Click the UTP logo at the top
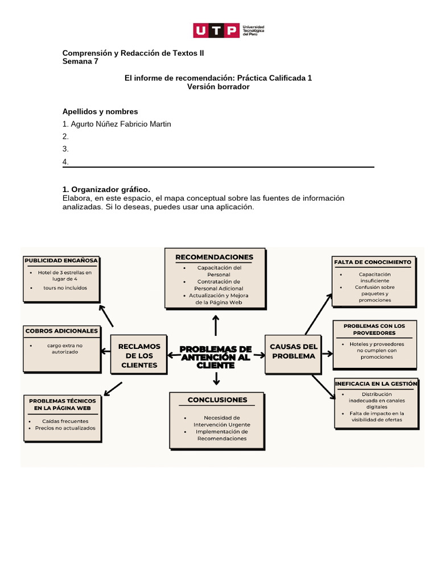click(x=228, y=30)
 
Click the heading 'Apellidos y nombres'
click(x=100, y=111)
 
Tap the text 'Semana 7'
click(x=80, y=61)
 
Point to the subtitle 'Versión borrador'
click(x=218, y=86)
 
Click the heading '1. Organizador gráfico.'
click(x=106, y=189)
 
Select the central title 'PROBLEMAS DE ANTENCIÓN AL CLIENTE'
click(x=216, y=356)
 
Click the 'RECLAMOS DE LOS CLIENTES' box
click(x=139, y=355)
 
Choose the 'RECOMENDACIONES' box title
click(x=214, y=257)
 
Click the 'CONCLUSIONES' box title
click(x=217, y=400)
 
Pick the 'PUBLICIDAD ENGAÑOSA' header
click(x=61, y=260)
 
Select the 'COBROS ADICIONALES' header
click(x=61, y=330)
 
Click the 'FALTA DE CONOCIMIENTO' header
click(x=373, y=262)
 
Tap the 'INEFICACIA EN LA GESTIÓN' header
click(x=376, y=384)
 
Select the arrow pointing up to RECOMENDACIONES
click(x=216, y=326)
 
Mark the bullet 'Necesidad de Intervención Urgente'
click(x=221, y=421)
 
